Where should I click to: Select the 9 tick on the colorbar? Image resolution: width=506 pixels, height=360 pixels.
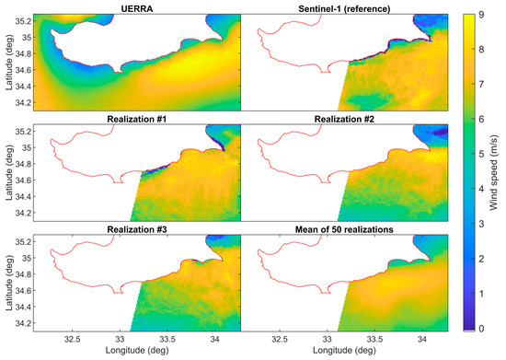[482, 16]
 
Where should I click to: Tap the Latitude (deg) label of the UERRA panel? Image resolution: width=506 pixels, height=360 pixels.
[8, 63]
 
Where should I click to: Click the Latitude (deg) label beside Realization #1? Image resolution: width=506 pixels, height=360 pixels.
[8, 174]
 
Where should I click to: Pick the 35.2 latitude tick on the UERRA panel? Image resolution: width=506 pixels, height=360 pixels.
[24, 21]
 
